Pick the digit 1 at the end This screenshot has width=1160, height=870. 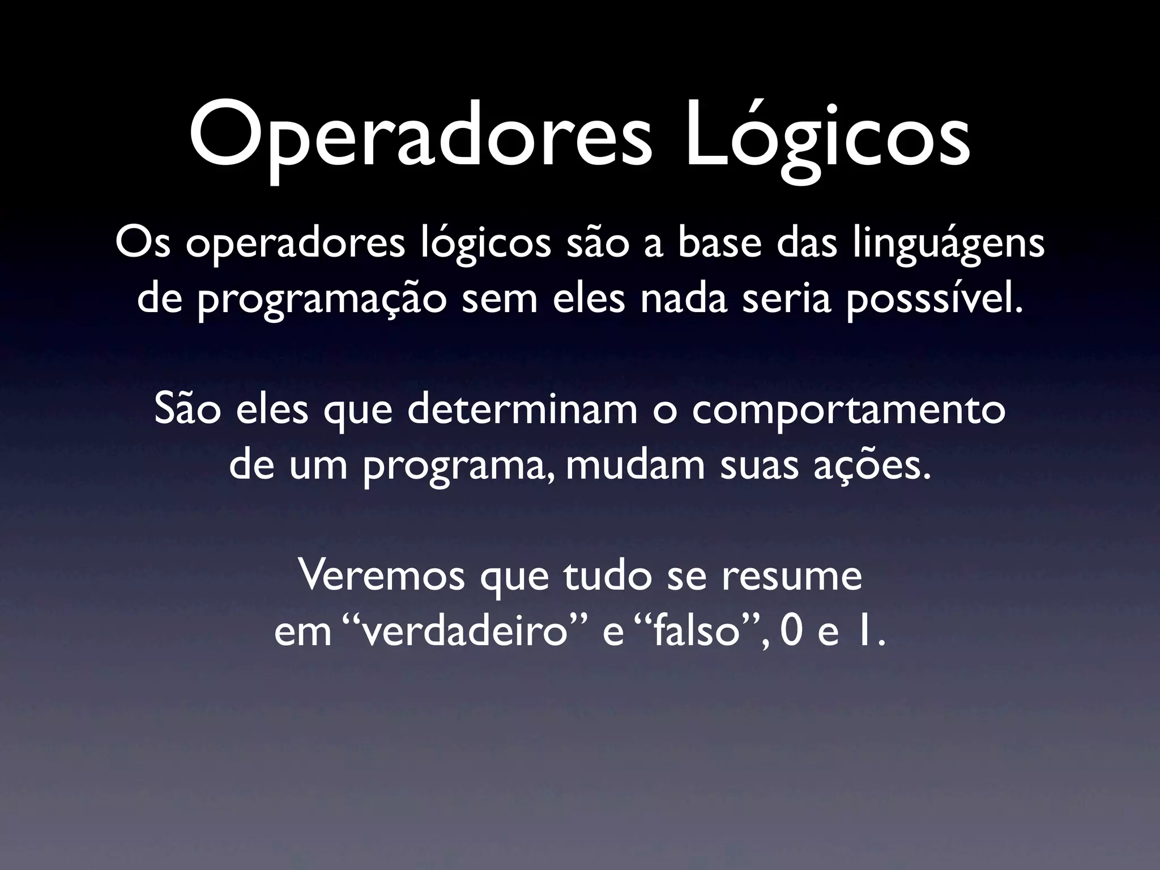pyautogui.click(x=863, y=634)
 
